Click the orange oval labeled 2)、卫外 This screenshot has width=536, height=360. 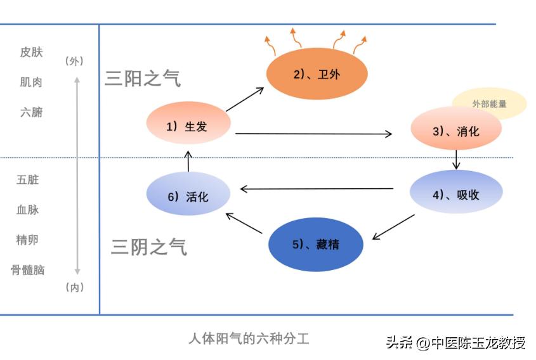[317, 74]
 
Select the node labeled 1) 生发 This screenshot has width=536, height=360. [187, 126]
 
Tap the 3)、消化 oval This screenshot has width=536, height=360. [456, 131]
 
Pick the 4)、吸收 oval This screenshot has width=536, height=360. [456, 194]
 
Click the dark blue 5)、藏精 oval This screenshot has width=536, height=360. [316, 244]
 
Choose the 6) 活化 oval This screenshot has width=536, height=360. [188, 196]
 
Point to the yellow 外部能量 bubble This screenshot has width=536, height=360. [489, 103]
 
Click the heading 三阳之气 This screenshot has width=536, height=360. [143, 79]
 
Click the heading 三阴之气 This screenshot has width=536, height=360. [149, 247]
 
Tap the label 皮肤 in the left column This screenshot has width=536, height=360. [31, 52]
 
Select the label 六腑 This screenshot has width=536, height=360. [31, 112]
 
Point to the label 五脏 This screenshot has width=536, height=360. [28, 180]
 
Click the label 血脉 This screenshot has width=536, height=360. [28, 210]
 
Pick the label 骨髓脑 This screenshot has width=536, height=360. [28, 270]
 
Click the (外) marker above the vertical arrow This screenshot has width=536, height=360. [74, 61]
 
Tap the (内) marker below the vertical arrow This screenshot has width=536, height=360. [74, 288]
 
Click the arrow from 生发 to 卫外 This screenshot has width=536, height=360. [245, 100]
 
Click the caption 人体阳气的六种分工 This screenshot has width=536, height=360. [249, 338]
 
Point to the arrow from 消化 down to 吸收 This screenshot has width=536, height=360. [456, 159]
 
